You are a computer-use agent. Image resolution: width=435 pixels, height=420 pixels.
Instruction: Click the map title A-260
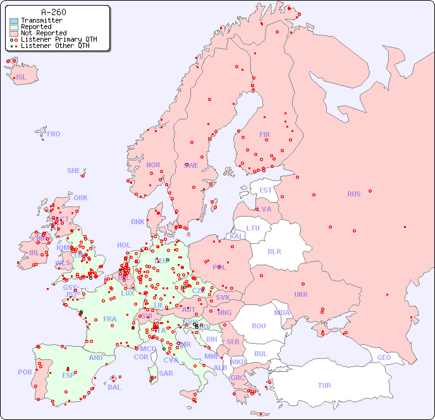click(x=53, y=12)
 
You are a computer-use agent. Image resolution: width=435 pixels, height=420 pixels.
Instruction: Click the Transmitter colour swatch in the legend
click(x=14, y=21)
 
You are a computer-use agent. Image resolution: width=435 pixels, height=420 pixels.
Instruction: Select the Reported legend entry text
click(x=36, y=27)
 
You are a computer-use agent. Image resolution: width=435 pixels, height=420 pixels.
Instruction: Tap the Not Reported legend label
click(x=44, y=33)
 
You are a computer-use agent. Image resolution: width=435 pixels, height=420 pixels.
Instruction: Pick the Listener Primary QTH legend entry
click(x=59, y=40)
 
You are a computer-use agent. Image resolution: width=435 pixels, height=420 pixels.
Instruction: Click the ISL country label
click(x=21, y=78)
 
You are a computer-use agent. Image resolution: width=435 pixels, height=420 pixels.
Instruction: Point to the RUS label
click(x=353, y=194)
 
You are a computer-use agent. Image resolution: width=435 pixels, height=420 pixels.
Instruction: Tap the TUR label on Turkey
click(x=324, y=385)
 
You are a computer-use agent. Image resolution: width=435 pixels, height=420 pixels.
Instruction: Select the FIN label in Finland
click(x=264, y=135)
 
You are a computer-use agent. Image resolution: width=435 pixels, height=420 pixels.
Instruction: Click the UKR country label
click(x=300, y=294)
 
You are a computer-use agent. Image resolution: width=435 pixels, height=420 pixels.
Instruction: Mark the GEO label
click(x=384, y=357)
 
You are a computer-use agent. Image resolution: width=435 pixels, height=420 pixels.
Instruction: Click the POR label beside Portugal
click(x=25, y=372)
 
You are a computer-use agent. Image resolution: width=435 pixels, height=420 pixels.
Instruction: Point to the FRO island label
click(x=54, y=134)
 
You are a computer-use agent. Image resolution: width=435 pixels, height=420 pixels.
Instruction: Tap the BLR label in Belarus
click(x=274, y=251)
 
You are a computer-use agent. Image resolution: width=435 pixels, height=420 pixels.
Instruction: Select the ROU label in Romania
click(x=259, y=326)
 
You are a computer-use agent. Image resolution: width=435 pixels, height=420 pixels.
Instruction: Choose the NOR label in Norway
click(x=153, y=165)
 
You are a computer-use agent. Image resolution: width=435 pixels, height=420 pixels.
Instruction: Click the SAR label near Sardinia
click(x=166, y=373)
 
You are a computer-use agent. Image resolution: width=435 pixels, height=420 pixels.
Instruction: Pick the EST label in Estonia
click(x=266, y=190)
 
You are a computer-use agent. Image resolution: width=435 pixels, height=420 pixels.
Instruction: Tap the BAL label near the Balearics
click(x=114, y=387)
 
